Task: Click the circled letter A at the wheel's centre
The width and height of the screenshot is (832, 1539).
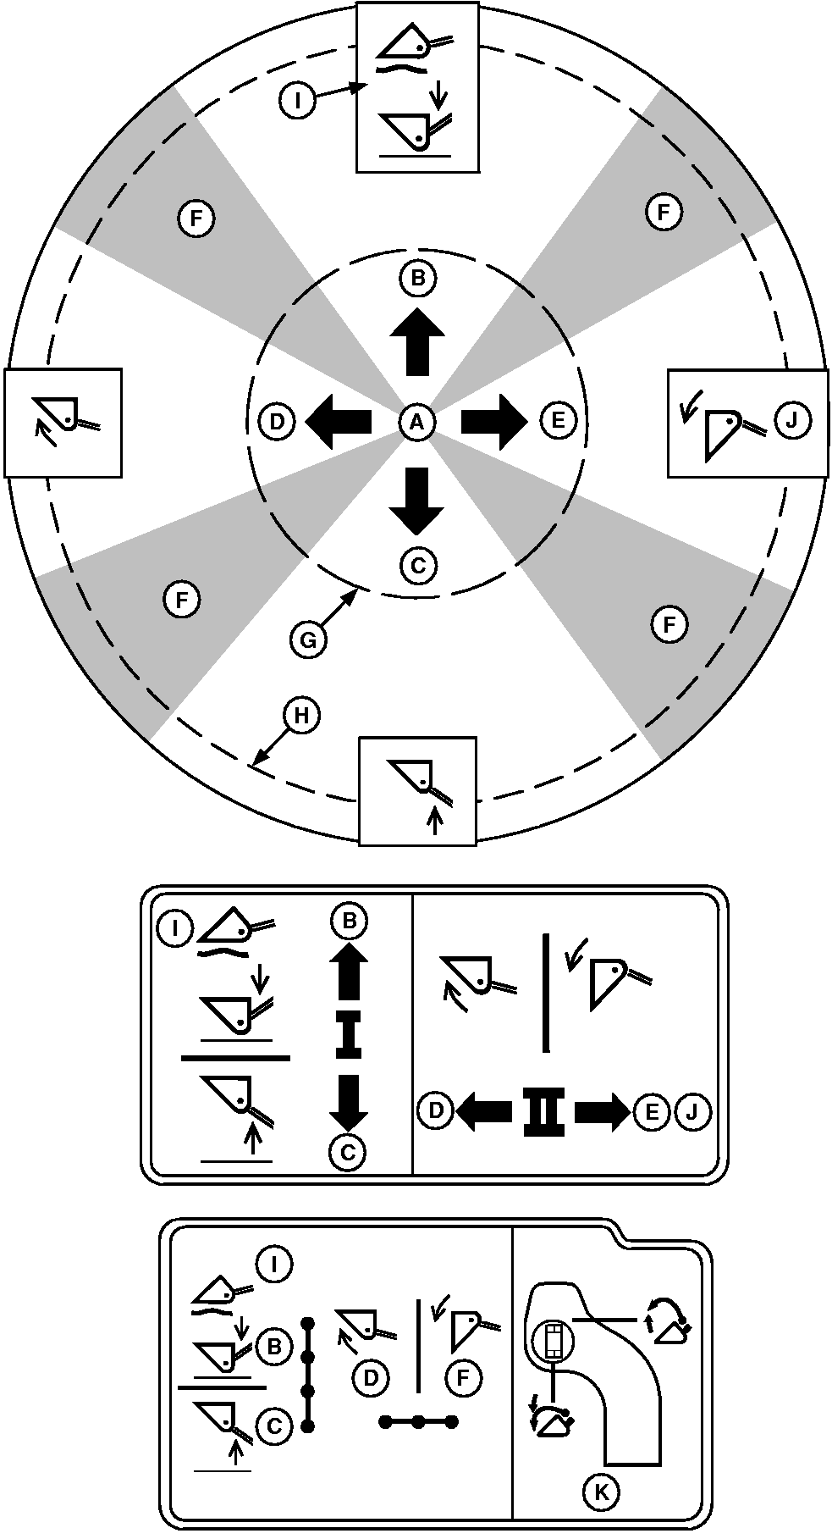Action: pyautogui.click(x=416, y=422)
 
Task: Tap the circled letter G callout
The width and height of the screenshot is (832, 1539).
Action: pyautogui.click(x=308, y=640)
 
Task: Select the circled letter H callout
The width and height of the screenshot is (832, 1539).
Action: pyautogui.click(x=302, y=717)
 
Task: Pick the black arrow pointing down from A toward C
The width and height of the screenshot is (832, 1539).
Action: pyautogui.click(x=416, y=500)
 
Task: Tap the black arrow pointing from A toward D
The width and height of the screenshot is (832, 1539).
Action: pyautogui.click(x=338, y=421)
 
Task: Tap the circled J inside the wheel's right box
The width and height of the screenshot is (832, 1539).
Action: pyautogui.click(x=793, y=419)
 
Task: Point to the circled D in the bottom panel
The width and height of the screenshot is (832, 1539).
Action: pyautogui.click(x=370, y=1377)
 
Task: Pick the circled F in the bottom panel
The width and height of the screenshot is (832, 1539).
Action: pyautogui.click(x=462, y=1377)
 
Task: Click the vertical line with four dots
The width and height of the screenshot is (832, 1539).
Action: pyautogui.click(x=308, y=1374)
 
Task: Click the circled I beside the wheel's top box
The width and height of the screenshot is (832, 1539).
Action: pyautogui.click(x=296, y=102)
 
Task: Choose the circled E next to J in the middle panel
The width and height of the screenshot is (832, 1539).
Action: pyautogui.click(x=651, y=1111)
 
